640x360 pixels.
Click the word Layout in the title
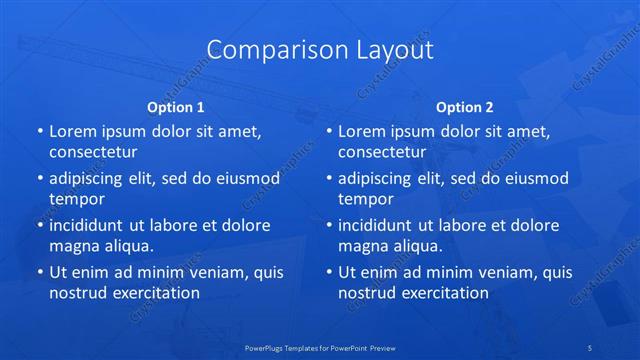pyautogui.click(x=389, y=49)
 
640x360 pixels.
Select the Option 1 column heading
pyautogui.click(x=176, y=107)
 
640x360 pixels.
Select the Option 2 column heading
pyautogui.click(x=465, y=107)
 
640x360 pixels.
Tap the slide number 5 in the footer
pyautogui.click(x=592, y=347)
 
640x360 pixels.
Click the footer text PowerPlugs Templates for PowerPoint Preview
pyautogui.click(x=320, y=347)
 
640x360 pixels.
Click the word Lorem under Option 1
pyautogui.click(x=72, y=131)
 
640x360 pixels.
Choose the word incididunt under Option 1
pyautogui.click(x=90, y=225)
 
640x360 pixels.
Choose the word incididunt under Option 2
pyautogui.click(x=379, y=225)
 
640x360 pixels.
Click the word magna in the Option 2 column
pyautogui.click(x=365, y=246)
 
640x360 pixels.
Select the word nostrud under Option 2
pyautogui.click(x=368, y=293)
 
